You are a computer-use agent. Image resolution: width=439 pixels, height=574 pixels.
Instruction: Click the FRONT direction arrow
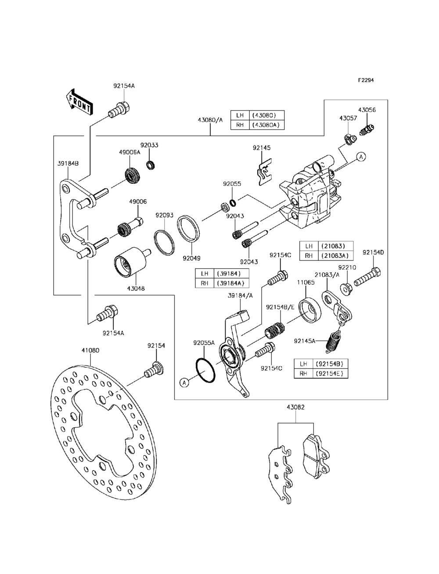79,102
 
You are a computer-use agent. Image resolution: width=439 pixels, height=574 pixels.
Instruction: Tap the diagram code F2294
366,80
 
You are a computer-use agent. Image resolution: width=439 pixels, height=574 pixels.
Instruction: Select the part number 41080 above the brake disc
90,350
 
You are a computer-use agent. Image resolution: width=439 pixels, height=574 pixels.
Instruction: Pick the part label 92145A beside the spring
305,341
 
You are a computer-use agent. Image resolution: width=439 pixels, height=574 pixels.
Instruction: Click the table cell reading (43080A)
266,125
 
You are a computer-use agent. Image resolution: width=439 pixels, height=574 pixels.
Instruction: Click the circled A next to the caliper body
361,157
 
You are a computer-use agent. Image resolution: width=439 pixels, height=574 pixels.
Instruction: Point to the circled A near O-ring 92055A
184,383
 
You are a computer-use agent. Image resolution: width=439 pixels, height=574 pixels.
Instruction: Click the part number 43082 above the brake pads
295,407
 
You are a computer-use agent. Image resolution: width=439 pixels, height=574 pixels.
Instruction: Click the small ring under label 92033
150,165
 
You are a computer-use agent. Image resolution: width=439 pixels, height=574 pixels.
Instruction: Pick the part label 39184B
68,164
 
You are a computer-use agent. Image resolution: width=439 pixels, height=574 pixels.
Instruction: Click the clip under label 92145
265,172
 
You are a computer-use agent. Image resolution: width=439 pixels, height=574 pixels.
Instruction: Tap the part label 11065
306,282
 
